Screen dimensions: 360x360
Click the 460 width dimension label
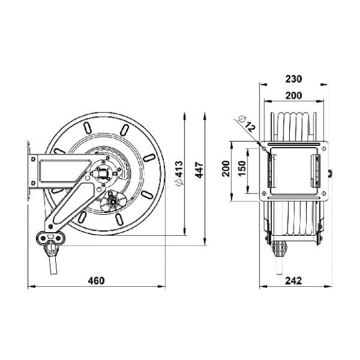[x=96, y=281]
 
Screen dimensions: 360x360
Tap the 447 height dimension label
[x=199, y=170]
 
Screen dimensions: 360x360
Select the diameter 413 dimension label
[x=179, y=173]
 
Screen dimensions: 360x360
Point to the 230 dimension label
[x=294, y=79]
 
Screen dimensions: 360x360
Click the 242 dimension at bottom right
[x=294, y=281]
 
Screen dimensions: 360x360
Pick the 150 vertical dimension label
[x=241, y=168]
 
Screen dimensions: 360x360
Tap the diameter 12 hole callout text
[x=247, y=124]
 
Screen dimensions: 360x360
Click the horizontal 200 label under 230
[x=294, y=96]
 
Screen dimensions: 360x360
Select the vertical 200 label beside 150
[x=226, y=169]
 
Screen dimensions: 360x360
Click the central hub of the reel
[x=103, y=172]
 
